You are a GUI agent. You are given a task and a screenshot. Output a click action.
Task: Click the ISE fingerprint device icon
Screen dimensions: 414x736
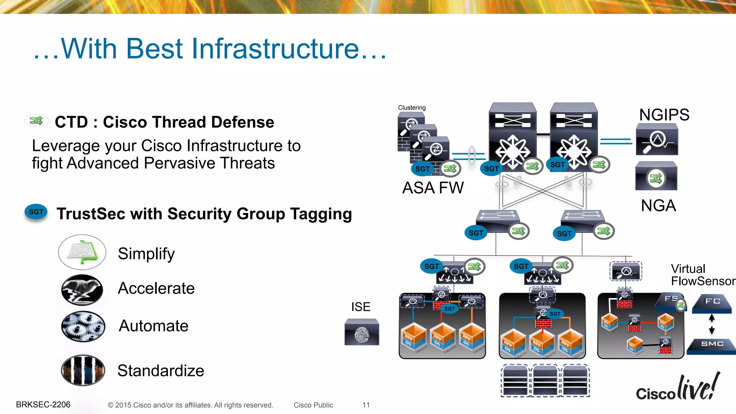click(362, 332)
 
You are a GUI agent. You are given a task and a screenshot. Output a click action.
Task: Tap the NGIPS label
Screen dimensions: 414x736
click(664, 115)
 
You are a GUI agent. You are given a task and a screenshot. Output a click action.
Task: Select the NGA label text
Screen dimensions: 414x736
click(658, 206)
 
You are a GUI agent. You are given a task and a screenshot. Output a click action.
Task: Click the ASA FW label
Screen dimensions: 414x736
click(433, 188)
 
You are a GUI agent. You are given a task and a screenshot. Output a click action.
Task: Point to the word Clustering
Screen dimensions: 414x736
click(411, 107)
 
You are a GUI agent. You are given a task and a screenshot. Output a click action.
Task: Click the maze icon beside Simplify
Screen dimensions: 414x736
click(82, 252)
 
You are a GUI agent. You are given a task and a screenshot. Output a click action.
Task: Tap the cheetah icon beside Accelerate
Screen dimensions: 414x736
click(82, 290)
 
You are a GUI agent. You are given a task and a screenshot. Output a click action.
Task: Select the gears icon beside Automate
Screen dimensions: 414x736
click(83, 326)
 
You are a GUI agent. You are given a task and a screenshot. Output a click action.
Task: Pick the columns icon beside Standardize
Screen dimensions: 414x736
click(83, 370)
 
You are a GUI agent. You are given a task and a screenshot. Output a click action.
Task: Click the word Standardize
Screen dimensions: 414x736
click(161, 371)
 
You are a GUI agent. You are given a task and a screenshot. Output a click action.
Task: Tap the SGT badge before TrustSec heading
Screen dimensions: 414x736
click(36, 212)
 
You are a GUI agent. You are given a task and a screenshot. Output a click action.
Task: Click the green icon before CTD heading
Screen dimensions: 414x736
click(36, 120)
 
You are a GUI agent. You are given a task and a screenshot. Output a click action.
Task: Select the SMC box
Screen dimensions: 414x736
click(712, 345)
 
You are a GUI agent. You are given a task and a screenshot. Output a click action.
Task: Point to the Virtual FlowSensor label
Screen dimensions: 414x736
click(703, 275)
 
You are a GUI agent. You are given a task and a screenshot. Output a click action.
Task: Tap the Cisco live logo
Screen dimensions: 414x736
click(677, 388)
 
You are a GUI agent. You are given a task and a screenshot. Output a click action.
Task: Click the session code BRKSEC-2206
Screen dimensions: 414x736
click(43, 405)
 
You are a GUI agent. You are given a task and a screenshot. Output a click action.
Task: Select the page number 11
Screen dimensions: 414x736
click(366, 405)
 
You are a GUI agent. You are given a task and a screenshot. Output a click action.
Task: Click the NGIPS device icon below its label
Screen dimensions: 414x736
click(657, 139)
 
